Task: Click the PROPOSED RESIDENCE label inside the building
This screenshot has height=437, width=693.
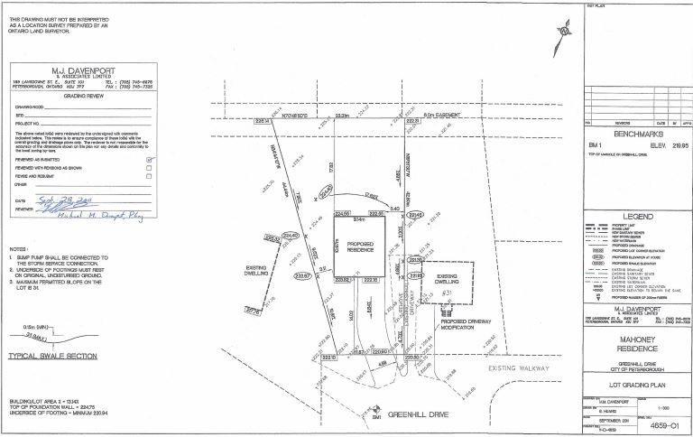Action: click(x=359, y=247)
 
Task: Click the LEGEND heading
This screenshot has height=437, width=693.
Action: click(x=636, y=218)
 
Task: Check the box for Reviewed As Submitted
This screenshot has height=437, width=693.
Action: click(x=150, y=158)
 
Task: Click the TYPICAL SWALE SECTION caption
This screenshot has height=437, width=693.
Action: click(x=52, y=357)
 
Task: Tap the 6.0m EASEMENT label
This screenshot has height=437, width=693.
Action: click(x=440, y=116)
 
